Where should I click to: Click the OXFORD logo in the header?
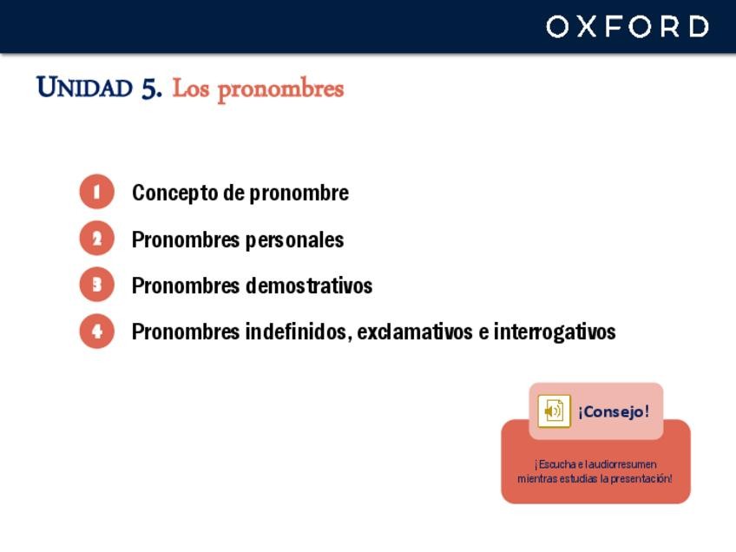[x=628, y=26]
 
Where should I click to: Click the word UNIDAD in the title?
[x=84, y=87]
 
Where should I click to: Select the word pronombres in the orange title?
[x=280, y=89]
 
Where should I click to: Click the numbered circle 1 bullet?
[x=96, y=192]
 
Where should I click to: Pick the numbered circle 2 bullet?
[x=96, y=238]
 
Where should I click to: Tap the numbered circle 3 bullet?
[x=96, y=285]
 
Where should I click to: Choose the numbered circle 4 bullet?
[x=96, y=331]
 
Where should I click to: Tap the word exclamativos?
[x=415, y=332]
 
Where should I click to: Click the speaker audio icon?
[x=554, y=411]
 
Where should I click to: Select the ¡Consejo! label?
[x=614, y=411]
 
